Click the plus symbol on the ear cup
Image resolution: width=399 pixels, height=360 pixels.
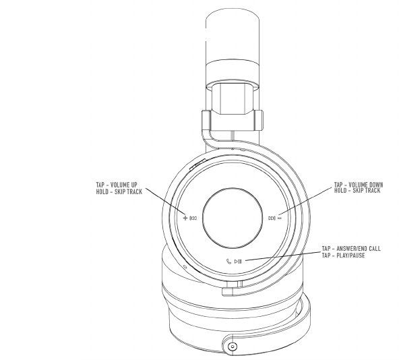point(185,218)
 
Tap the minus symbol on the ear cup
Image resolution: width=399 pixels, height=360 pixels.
point(280,218)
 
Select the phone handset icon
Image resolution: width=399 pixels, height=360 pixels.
point(228,261)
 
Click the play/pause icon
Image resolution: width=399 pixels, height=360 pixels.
point(238,261)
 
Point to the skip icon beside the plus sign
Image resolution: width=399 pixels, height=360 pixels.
point(193,218)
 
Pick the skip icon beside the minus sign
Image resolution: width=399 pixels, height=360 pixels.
point(272,218)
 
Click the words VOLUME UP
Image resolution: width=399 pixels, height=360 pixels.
point(124,185)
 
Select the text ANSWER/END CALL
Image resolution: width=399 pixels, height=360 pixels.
point(359,248)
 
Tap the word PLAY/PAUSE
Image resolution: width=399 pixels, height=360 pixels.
point(350,255)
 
